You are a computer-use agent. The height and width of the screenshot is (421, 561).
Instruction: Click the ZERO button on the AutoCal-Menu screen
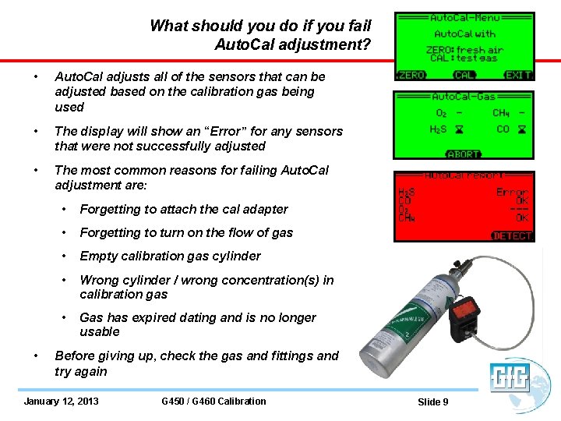click(411, 76)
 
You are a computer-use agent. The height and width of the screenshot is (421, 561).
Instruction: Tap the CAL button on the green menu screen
click(464, 76)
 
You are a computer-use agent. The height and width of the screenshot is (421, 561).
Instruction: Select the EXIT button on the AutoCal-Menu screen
click(518, 76)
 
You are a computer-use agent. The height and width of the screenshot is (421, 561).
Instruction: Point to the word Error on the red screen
click(512, 191)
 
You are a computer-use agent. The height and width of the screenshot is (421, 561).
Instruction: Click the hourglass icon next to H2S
click(458, 129)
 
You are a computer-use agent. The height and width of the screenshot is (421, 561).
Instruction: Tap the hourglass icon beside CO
click(521, 129)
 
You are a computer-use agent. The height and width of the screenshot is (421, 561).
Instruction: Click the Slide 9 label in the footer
click(433, 402)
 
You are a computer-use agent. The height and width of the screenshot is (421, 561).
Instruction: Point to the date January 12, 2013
click(62, 402)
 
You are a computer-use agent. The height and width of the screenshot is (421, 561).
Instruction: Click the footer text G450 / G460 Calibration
click(213, 402)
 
